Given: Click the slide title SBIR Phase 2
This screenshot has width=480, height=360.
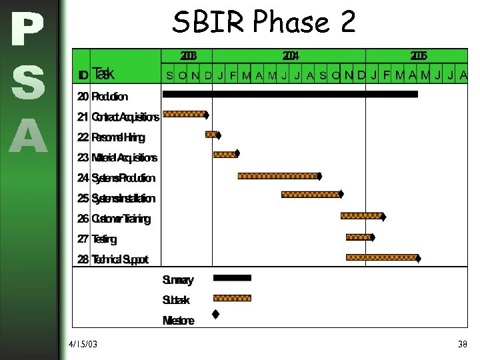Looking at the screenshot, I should [264, 23].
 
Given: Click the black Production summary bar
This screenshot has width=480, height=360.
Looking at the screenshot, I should [290, 95].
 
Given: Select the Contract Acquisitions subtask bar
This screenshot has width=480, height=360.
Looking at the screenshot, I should [184, 114].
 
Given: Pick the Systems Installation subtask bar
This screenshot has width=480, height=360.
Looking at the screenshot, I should [310, 195].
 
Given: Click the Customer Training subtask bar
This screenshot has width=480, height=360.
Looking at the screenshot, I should [361, 216].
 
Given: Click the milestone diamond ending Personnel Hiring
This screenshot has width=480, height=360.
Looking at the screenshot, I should [218, 135].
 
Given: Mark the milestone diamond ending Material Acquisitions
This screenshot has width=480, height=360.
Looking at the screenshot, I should [237, 153].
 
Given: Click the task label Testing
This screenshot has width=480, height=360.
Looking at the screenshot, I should [104, 239].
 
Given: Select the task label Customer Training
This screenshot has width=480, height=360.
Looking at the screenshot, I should [121, 219].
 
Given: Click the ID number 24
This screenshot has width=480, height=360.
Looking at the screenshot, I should [83, 178].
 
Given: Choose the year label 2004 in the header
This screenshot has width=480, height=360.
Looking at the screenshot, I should [291, 55].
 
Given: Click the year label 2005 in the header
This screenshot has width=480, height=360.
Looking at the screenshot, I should [419, 55].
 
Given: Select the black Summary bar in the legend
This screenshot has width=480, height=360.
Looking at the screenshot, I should [232, 277].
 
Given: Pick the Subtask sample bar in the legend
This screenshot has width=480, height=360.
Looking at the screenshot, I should [232, 298].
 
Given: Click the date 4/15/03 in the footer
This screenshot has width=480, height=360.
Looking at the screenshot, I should [83, 344].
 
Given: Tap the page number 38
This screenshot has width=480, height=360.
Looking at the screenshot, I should [462, 344].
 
